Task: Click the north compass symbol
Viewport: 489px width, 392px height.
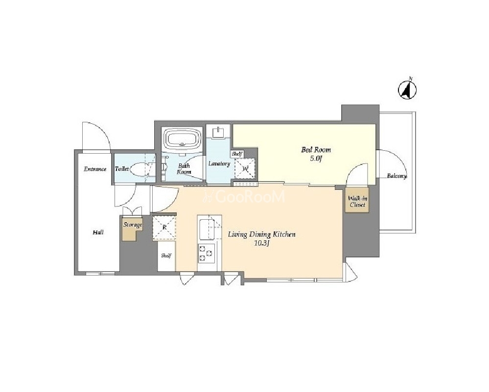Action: pyautogui.click(x=407, y=90)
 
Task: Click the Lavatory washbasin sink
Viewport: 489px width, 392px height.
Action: pyautogui.click(x=219, y=133)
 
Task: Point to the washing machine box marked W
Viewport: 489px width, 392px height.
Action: pyautogui.click(x=245, y=169)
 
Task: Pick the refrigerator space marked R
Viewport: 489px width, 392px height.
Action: pyautogui.click(x=164, y=228)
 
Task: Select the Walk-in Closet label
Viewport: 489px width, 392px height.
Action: pyautogui.click(x=357, y=202)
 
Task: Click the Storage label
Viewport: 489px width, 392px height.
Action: pyautogui.click(x=133, y=225)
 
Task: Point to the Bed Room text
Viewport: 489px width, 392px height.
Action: pyautogui.click(x=316, y=149)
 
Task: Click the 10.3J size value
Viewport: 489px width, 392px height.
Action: pyautogui.click(x=261, y=244)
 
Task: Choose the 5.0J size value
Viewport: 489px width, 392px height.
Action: pyautogui.click(x=315, y=159)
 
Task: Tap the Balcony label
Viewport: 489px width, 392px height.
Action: pyautogui.click(x=397, y=176)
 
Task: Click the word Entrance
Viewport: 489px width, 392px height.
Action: pyautogui.click(x=95, y=169)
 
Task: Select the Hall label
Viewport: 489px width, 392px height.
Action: pyautogui.click(x=98, y=232)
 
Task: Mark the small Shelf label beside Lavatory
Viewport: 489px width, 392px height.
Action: pyautogui.click(x=237, y=154)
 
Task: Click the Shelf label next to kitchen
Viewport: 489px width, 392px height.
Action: pyautogui.click(x=166, y=256)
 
